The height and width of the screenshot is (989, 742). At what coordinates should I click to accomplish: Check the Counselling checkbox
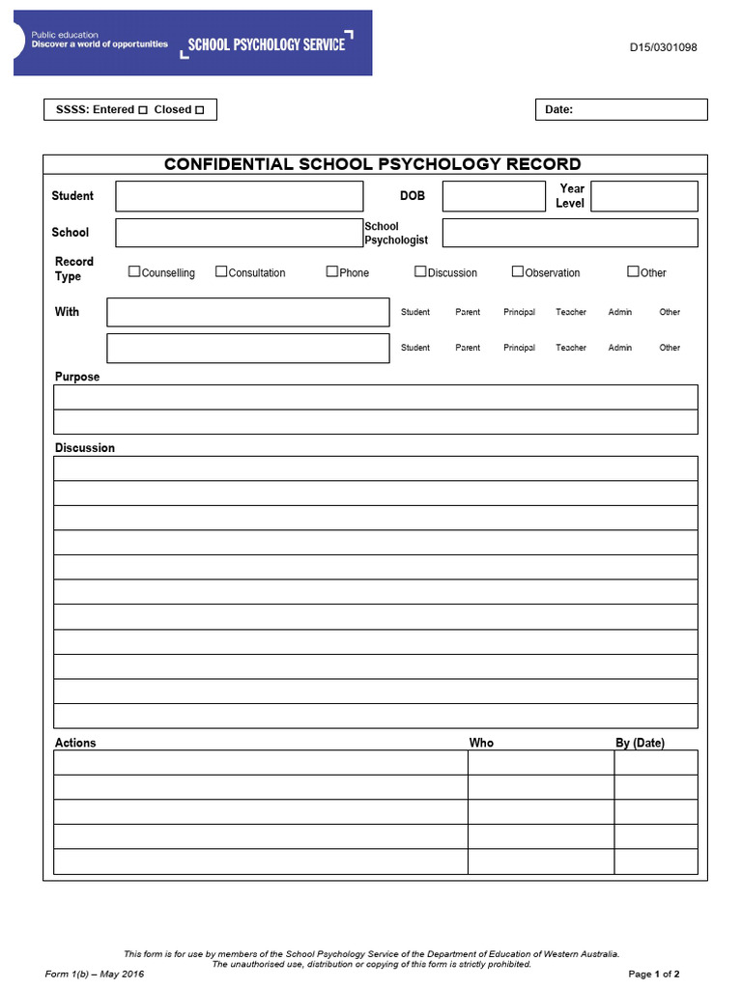134,271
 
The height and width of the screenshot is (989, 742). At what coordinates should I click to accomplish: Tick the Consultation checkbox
221,271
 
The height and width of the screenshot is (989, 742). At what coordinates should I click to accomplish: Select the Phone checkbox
332,271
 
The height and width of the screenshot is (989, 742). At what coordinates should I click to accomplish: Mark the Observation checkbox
518,271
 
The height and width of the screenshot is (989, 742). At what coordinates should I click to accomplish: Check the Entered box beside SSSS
143,110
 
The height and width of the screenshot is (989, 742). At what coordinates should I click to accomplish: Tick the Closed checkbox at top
200,110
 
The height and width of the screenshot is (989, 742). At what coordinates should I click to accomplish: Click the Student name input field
240,196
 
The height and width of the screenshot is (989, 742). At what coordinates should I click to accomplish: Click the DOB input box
494,196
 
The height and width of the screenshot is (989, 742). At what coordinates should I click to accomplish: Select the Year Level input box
643,196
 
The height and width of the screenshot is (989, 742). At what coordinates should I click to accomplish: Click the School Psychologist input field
570,233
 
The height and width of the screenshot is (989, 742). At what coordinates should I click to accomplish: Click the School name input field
240,233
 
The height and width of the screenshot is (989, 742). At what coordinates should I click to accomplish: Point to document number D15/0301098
664,47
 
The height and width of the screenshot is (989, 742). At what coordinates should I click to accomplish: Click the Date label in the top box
558,110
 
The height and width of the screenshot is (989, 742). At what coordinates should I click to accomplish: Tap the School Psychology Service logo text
266,43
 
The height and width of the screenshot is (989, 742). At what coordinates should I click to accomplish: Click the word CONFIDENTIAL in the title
228,164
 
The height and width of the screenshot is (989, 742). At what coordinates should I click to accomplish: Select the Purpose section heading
77,377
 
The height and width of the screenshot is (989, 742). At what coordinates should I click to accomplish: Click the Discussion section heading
85,448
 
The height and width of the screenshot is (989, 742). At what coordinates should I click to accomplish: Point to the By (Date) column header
640,743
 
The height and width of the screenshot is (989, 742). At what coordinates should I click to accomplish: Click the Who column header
481,743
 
